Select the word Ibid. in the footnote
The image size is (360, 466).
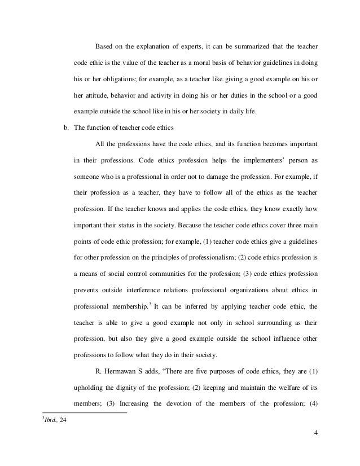[54, 425]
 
